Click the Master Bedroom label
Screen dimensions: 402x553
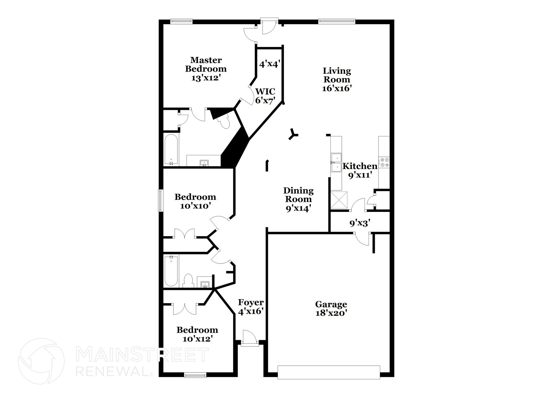coord(206,64)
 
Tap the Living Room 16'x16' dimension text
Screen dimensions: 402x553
coord(337,88)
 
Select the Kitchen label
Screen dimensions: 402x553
coord(360,166)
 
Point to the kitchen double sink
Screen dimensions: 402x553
coord(336,163)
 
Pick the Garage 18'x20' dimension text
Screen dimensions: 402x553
coord(331,313)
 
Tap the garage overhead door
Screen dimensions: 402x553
coord(329,372)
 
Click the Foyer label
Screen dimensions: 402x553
coord(251,302)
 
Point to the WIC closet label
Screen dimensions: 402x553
coord(265,91)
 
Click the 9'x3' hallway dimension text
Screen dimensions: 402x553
coord(360,223)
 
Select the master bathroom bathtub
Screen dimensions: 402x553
coord(171,150)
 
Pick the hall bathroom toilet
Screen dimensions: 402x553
coord(188,281)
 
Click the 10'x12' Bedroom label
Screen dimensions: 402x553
coord(197,334)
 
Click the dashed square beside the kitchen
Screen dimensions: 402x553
coord(339,200)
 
